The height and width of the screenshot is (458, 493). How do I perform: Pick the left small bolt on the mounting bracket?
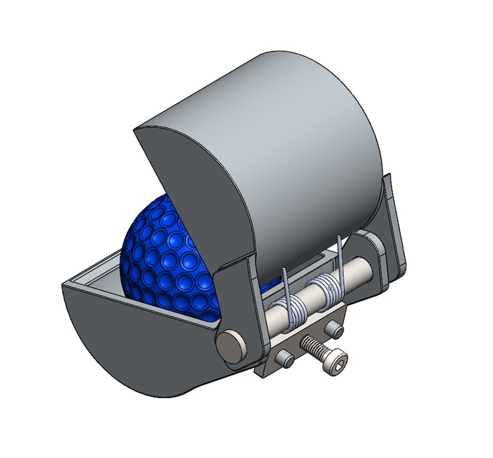click(286, 357)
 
